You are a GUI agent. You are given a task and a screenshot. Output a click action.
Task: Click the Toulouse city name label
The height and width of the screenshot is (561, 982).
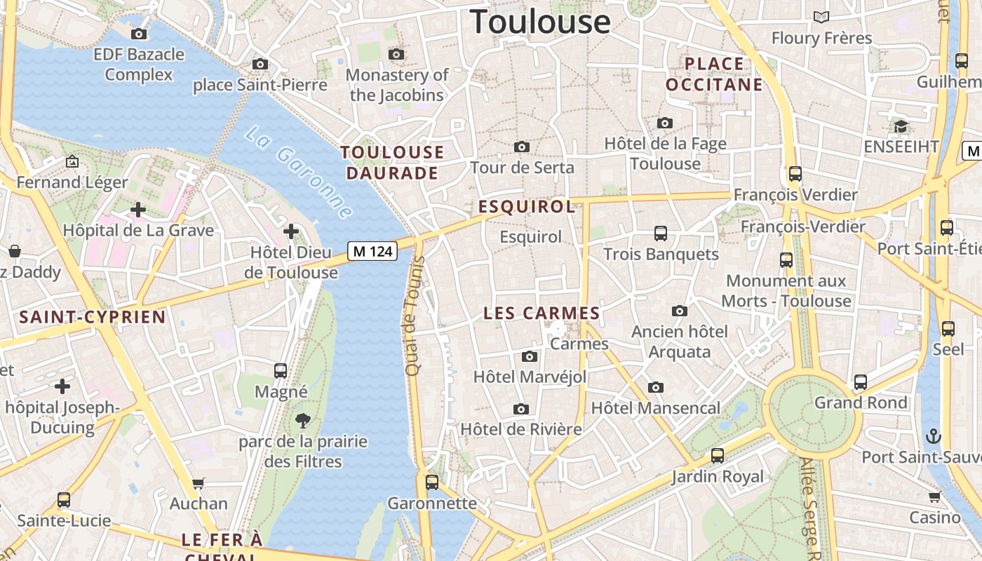(540, 21)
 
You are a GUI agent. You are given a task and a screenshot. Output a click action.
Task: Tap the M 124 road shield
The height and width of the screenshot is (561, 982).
(372, 250)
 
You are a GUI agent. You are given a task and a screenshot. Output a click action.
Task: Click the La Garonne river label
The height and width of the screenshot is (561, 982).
(299, 171)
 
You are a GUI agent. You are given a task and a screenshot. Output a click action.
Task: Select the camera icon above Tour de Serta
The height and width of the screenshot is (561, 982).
(521, 147)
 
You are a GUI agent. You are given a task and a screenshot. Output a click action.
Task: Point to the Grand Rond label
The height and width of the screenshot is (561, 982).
(861, 403)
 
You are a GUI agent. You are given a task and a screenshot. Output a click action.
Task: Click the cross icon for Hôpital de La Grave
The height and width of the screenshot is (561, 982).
(138, 209)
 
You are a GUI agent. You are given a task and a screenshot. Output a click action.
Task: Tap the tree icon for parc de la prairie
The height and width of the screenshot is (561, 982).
(303, 421)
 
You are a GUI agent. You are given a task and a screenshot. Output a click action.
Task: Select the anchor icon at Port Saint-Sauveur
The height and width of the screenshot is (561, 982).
(933, 436)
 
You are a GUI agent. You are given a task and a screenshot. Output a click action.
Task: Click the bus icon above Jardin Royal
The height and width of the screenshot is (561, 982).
(718, 456)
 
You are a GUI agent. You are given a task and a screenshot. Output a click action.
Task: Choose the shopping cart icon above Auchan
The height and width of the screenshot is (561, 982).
(199, 483)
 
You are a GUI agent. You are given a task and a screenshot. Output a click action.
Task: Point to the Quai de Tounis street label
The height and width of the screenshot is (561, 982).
(415, 316)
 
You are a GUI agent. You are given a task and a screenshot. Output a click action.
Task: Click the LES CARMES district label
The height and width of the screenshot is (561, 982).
(542, 313)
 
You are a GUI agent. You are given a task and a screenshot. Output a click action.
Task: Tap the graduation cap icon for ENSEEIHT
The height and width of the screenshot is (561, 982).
(901, 126)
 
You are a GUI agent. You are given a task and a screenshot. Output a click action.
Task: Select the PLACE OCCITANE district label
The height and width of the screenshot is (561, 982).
(714, 74)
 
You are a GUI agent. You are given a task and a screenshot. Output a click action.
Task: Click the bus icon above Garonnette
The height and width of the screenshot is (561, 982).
(432, 482)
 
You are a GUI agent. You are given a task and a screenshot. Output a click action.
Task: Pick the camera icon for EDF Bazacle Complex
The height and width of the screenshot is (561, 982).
(139, 34)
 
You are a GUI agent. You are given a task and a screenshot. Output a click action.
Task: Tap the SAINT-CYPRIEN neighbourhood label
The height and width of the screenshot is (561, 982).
(93, 317)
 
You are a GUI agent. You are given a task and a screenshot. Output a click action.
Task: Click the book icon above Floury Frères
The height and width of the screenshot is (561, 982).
(821, 17)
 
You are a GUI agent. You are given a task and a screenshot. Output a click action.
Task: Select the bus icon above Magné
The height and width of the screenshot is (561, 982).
(281, 370)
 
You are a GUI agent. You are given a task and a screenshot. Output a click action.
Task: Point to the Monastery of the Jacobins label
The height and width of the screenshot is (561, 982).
(397, 85)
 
